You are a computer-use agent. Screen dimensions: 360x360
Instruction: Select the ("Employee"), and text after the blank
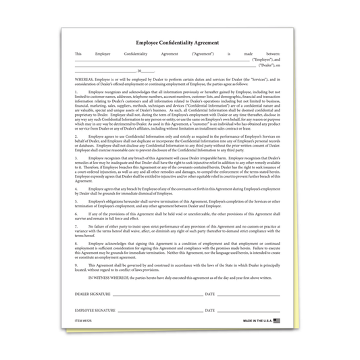(x=265, y=59)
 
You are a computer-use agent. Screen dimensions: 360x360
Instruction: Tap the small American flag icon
(x=276, y=319)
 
